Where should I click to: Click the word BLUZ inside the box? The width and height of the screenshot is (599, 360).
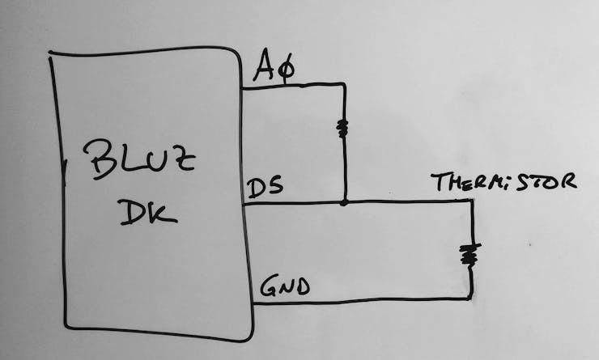(x=139, y=159)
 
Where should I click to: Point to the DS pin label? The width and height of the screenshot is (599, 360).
(x=266, y=187)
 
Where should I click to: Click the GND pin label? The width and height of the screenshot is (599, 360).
(x=285, y=286)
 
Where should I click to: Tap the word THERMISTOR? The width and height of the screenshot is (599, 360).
(x=503, y=182)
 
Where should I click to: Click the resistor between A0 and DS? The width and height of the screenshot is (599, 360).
(x=342, y=129)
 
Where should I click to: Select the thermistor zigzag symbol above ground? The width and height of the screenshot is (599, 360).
(x=469, y=255)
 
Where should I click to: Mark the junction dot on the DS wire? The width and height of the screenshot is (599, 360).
(x=344, y=202)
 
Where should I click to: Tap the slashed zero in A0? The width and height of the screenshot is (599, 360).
(x=286, y=69)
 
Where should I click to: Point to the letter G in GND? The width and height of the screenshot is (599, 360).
(x=269, y=286)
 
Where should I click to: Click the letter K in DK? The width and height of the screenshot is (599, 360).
(x=164, y=214)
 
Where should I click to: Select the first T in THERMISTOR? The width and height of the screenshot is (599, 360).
(x=439, y=182)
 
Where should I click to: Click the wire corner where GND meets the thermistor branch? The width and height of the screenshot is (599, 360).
(x=471, y=298)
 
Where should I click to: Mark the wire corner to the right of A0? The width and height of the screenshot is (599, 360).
(x=344, y=84)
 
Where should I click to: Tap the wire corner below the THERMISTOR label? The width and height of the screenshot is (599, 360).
(x=471, y=201)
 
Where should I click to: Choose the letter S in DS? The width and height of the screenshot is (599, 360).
(x=275, y=186)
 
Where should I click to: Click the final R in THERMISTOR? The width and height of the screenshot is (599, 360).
(x=568, y=182)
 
